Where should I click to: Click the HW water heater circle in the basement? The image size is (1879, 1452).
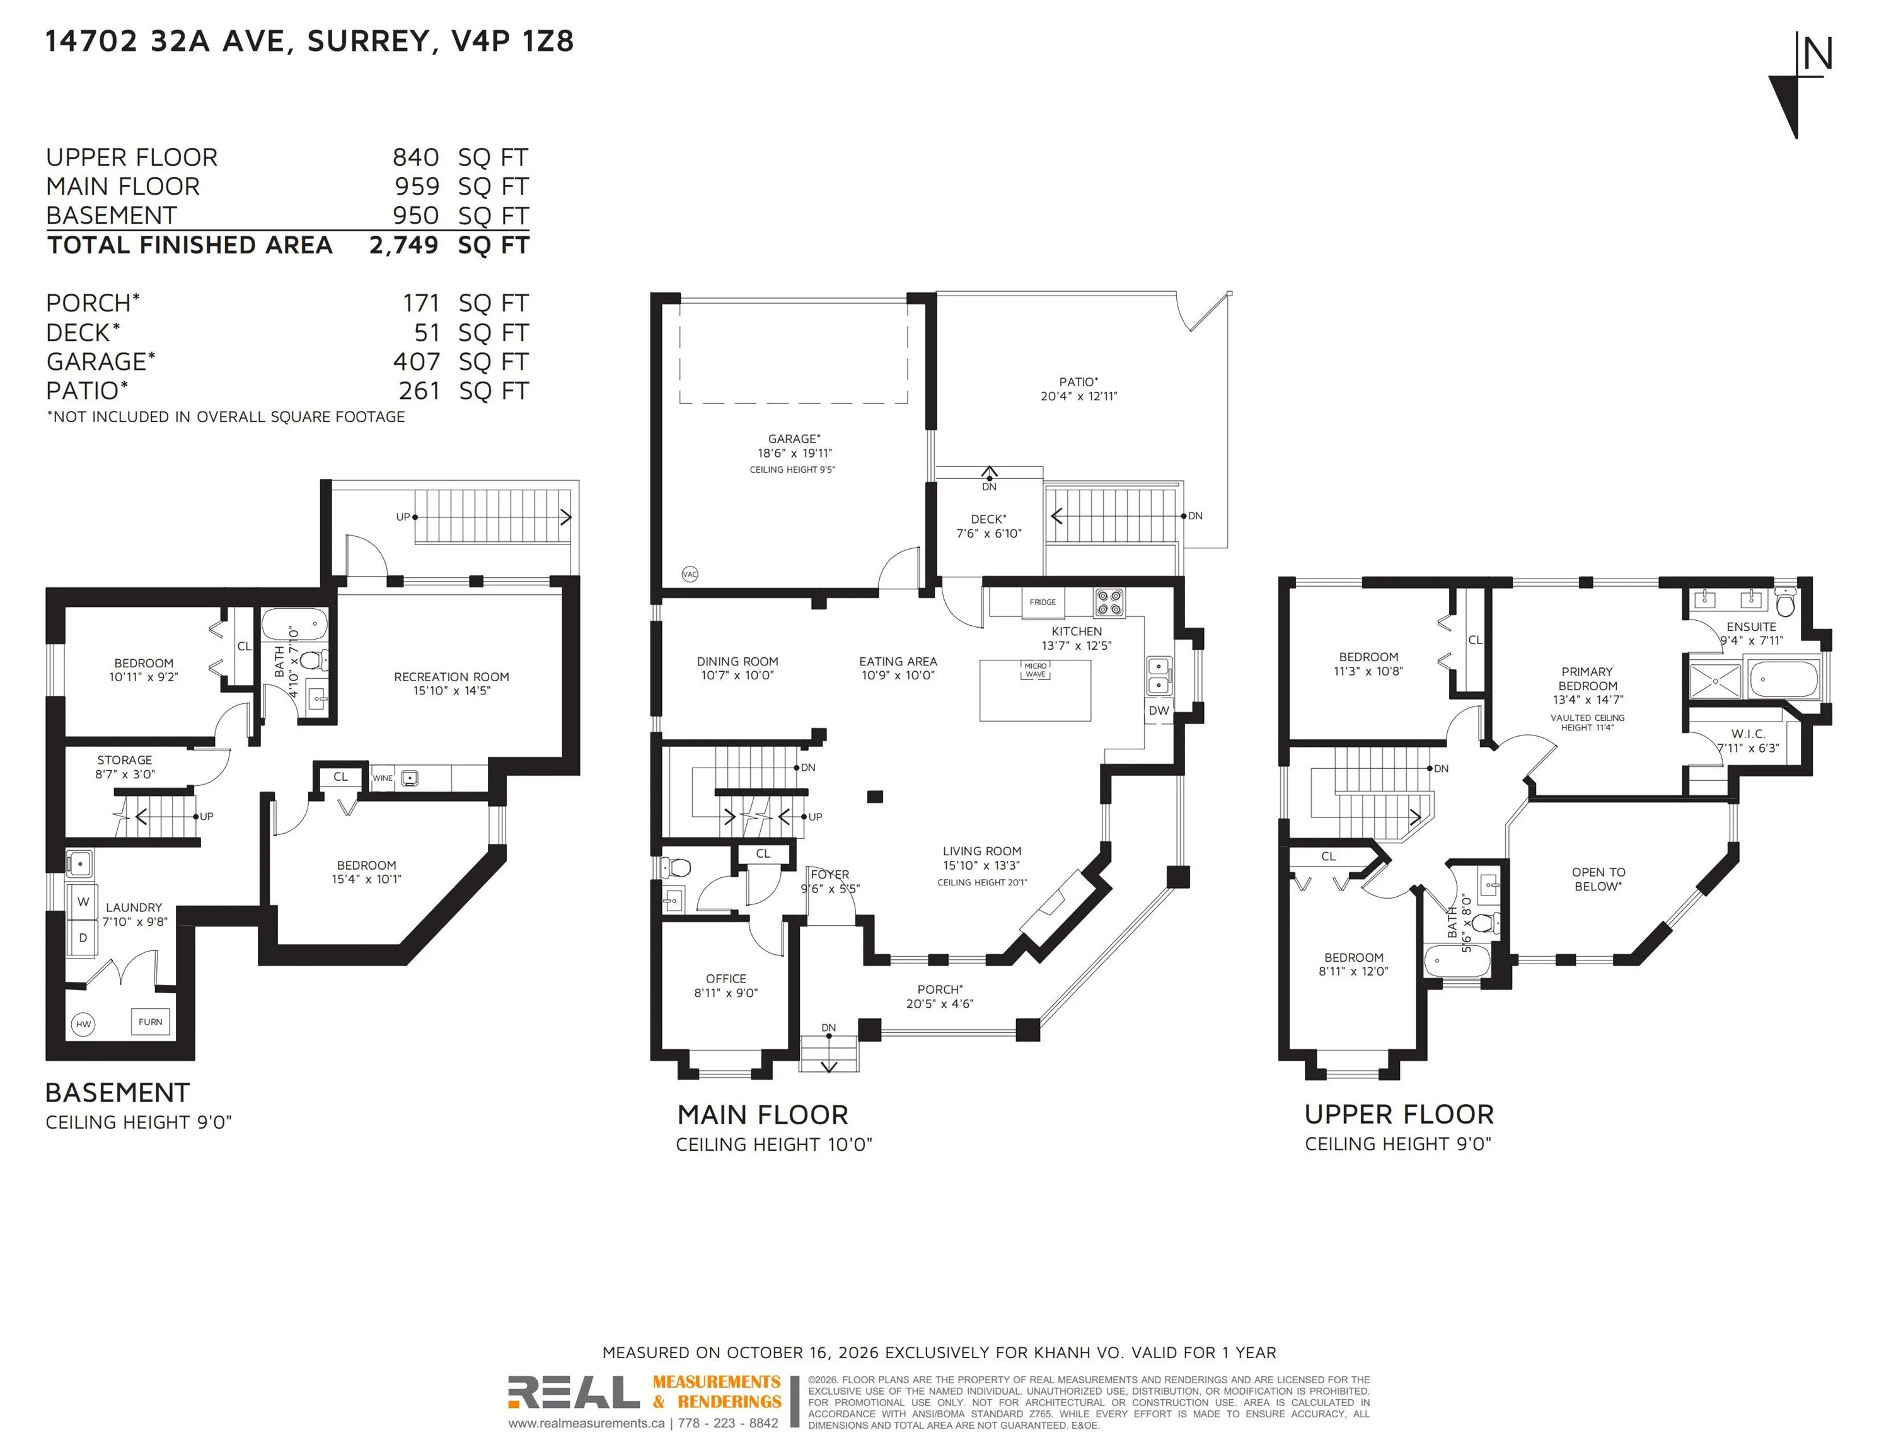coord(83,1023)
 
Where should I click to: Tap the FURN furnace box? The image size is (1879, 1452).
coord(151,1022)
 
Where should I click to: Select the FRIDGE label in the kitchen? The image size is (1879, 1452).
coord(1043,602)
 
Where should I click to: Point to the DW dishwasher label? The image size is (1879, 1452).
coord(1159,710)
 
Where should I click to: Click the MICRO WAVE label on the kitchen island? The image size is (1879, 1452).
coord(1036,670)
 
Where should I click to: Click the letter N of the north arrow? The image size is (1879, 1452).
coord(1818,54)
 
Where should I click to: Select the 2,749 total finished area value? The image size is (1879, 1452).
coord(403,245)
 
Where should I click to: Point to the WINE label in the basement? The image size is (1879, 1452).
coord(382,778)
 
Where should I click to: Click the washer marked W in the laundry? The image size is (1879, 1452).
coord(83,901)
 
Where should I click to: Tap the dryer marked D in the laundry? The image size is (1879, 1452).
coord(83,938)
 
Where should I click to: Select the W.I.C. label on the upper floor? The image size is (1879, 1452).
coord(1749,734)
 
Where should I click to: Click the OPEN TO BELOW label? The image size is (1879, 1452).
coord(1599,879)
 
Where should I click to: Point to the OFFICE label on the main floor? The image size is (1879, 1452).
coord(726,979)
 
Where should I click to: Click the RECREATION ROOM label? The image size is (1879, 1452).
coord(452,677)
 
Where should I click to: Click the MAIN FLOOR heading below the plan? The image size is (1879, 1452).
coord(762,1115)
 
